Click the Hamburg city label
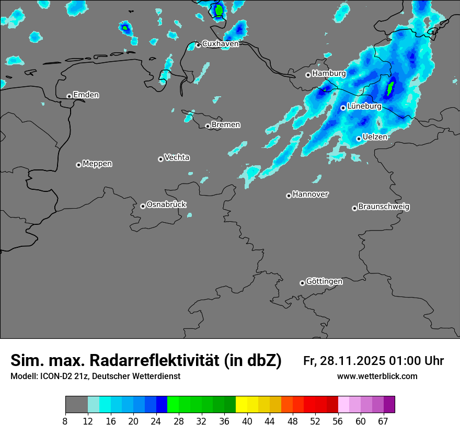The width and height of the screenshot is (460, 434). [329, 74]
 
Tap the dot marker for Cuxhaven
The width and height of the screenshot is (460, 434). [198, 45]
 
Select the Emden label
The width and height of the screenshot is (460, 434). [86, 95]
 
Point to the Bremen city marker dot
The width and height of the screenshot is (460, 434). [208, 126]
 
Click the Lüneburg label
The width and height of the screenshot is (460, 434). [364, 106]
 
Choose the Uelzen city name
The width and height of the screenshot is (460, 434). [375, 137]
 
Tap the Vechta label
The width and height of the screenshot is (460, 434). [177, 157]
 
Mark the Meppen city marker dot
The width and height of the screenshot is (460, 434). [78, 165]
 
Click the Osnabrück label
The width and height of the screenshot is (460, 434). [166, 204]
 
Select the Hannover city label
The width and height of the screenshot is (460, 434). [310, 195]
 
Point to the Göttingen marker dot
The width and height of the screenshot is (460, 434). [302, 283]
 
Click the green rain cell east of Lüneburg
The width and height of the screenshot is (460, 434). [390, 89]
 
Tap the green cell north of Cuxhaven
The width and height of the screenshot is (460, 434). [218, 10]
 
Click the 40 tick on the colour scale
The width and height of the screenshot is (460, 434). [247, 421]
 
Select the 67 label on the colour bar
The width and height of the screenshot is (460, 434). [383, 421]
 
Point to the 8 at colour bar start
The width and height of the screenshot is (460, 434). [65, 421]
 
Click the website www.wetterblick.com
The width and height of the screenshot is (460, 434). [377, 376]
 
